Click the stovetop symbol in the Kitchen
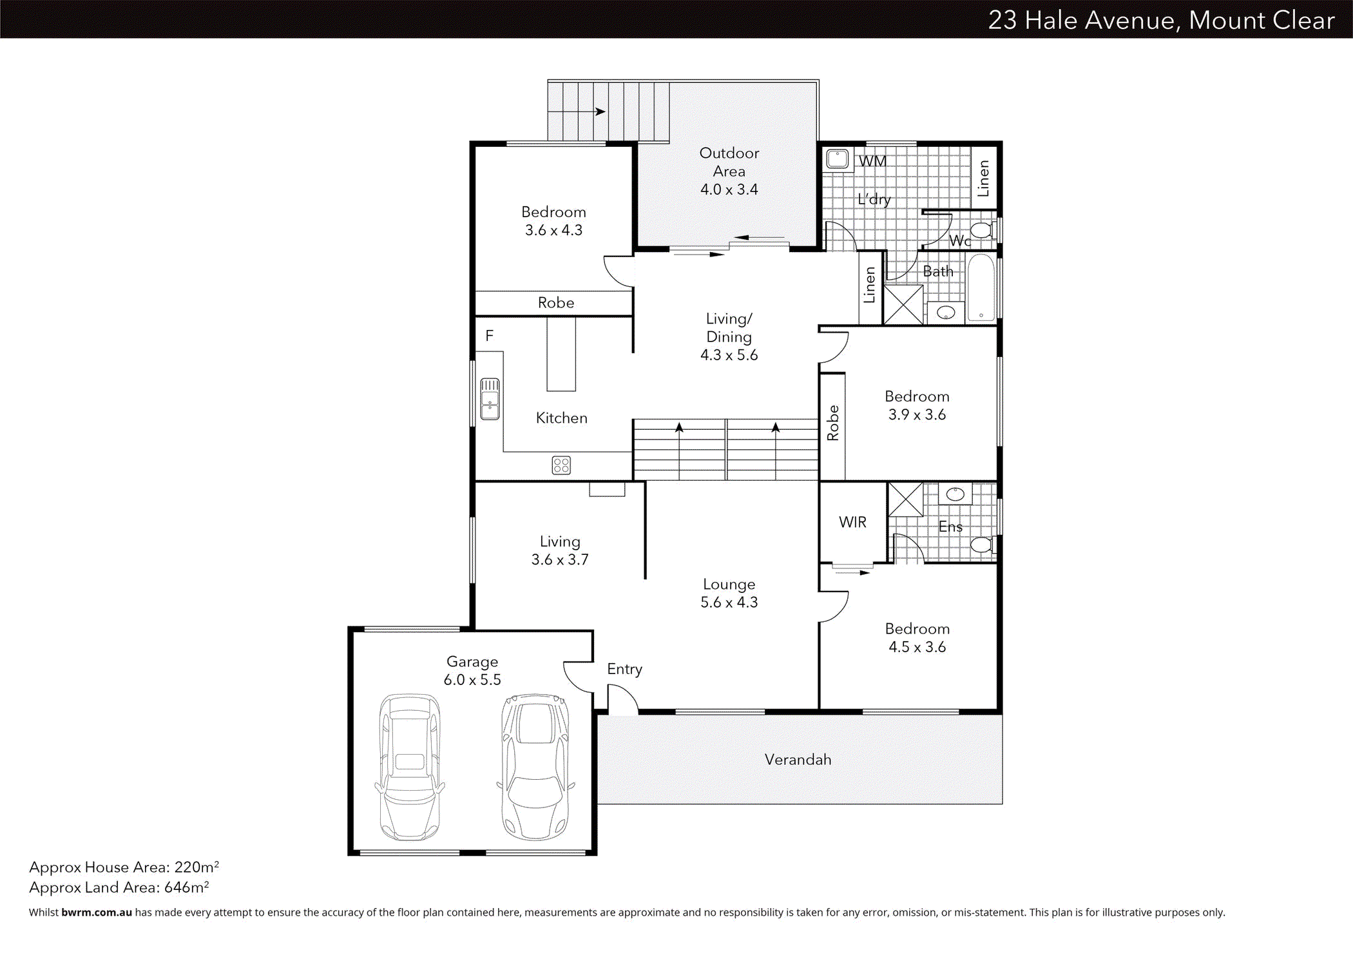561,465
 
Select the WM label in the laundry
872,161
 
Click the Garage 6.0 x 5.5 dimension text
472,680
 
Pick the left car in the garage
410,766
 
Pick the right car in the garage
535,766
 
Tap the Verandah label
798,760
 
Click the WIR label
852,523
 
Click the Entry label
624,669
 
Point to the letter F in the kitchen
490,336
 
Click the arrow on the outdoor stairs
599,111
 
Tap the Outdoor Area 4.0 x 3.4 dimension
729,189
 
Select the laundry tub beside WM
838,159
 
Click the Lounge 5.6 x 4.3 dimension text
729,603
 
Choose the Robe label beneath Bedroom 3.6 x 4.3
555,303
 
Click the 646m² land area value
186,887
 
